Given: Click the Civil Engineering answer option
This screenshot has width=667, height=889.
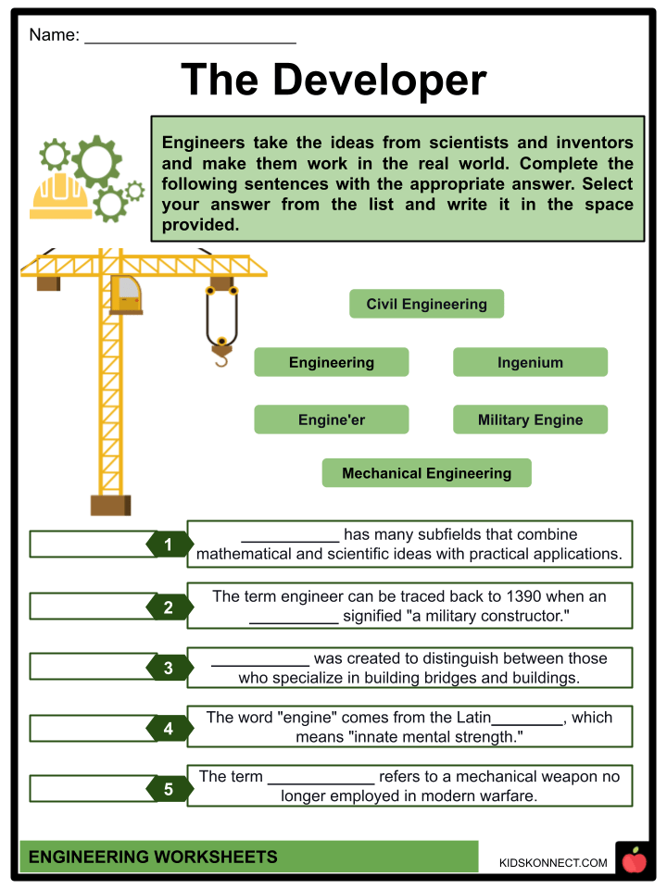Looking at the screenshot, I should click(x=426, y=304).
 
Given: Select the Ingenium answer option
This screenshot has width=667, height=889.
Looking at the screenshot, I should click(x=530, y=362).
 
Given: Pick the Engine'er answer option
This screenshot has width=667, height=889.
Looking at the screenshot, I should click(x=331, y=419).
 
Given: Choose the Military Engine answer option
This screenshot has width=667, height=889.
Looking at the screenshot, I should click(x=530, y=419).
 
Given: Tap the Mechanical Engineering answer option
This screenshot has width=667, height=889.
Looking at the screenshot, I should click(x=426, y=473).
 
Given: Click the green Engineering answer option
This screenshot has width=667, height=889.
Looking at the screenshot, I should click(x=331, y=362).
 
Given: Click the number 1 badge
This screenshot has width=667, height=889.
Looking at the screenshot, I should click(x=169, y=545).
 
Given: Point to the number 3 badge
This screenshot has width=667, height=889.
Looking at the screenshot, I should click(x=169, y=668).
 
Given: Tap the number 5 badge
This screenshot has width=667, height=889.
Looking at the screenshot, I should click(x=169, y=790).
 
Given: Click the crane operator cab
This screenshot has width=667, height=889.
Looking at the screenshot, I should click(x=126, y=294).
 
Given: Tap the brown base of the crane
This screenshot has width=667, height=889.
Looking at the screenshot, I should click(x=110, y=505).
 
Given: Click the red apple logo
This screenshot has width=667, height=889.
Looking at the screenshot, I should click(x=634, y=861).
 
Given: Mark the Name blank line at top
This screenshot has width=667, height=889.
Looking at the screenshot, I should click(x=190, y=41).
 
